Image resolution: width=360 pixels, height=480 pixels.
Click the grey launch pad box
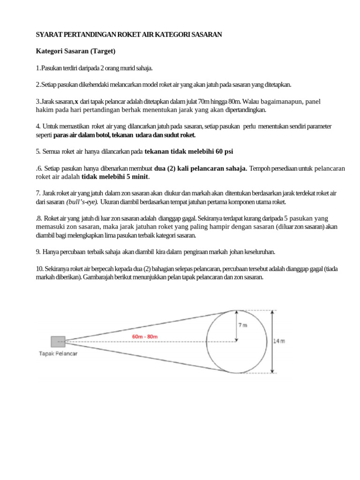tap(58, 342)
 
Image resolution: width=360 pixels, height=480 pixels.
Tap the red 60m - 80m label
tap(145, 337)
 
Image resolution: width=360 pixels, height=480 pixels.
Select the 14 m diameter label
tap(279, 342)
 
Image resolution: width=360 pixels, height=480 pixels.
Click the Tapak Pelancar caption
tap(58, 354)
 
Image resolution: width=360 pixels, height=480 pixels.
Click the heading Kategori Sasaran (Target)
tap(76, 51)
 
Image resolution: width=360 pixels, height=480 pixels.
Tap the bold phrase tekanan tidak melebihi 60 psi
tap(189, 151)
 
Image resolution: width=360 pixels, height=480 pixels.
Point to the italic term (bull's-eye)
tap(82, 202)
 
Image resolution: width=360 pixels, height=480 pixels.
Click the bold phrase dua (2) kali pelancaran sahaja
tap(201, 169)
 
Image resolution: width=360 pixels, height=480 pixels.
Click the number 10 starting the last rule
tap(40, 269)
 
